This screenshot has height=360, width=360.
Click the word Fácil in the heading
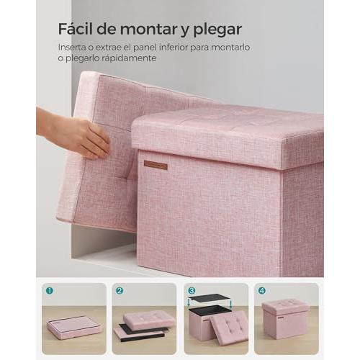click(75, 29)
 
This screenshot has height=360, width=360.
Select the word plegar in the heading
click(217, 30)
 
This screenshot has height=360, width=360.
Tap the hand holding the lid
click(73, 135)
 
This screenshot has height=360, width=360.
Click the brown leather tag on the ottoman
click(156, 166)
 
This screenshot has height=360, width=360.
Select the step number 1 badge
click(50, 291)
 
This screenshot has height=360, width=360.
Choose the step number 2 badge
click(120, 291)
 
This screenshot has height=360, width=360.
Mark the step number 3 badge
click(192, 291)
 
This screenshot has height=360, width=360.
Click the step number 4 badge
click(262, 291)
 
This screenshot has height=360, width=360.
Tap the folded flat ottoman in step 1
click(74, 327)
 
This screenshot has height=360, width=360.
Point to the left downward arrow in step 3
click(189, 302)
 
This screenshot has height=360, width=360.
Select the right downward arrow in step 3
click(231, 304)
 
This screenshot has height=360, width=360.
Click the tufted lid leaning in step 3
click(228, 328)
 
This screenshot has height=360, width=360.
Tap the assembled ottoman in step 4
click(285, 319)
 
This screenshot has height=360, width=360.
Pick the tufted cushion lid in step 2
click(149, 320)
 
